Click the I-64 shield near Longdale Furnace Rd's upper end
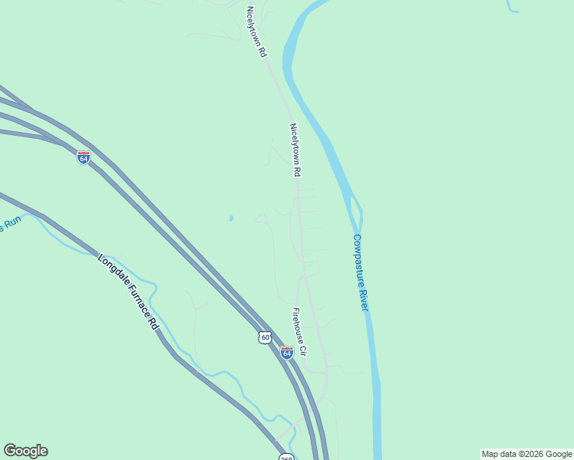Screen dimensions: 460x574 click(x=84, y=157)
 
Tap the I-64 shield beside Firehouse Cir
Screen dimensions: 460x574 click(x=286, y=353)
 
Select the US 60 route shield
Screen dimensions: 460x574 click(x=265, y=337)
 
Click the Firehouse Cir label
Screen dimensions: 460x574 click(x=299, y=332)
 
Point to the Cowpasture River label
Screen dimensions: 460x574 click(x=360, y=272)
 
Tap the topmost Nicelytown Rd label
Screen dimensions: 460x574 click(x=256, y=32)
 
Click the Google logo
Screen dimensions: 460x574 click(x=25, y=451)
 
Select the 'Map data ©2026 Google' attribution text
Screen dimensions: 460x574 click(x=526, y=454)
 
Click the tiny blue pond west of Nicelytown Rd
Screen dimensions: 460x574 click(x=231, y=219)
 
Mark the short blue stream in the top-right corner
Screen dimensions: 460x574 click(x=512, y=8)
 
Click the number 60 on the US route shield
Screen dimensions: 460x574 click(x=265, y=338)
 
